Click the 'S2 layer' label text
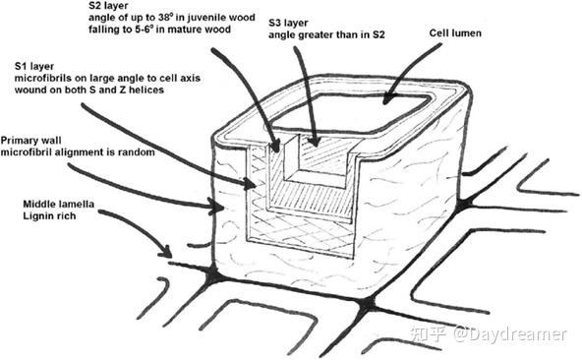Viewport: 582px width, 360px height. pos(107,6)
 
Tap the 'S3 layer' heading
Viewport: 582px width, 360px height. pos(288,23)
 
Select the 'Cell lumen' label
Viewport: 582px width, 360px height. pos(455,33)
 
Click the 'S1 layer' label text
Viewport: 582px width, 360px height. pos(34,67)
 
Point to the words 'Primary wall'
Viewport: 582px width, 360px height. pos(30,141)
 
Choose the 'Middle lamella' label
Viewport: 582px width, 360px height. pos(59,204)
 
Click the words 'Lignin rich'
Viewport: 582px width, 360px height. pos(49,215)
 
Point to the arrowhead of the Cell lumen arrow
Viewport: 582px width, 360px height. pos(386,98)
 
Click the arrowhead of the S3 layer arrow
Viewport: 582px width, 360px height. pos(315,142)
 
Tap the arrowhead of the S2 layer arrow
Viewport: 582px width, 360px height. pos(275,147)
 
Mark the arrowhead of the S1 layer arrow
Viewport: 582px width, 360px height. pos(251,183)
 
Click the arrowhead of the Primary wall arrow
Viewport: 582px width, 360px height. pos(216,207)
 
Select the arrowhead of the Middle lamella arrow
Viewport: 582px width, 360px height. pos(166,251)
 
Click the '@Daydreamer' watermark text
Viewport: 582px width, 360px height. pos(509,334)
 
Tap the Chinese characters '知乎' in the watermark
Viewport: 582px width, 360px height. pos(429,334)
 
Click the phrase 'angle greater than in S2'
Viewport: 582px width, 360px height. pos(326,35)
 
